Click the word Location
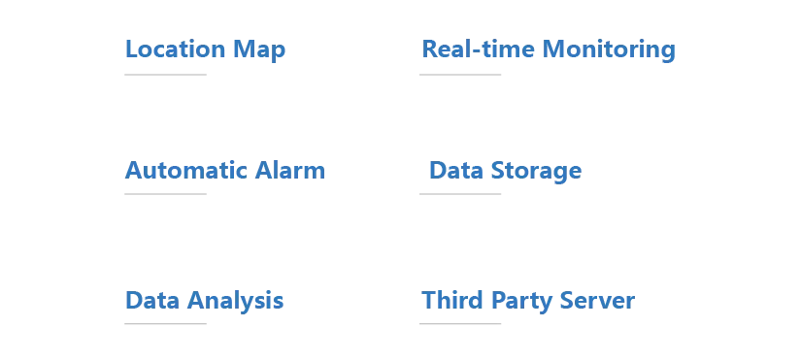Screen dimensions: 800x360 point(176,49)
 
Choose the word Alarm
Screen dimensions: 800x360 point(289,171)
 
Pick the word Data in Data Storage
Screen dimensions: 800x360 point(456,171)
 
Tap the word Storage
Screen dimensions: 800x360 point(536,172)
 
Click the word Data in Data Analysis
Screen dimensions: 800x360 point(152,300)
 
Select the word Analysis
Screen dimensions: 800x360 point(235,301)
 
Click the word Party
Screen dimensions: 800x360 point(521,301)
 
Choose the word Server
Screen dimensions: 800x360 point(597,300)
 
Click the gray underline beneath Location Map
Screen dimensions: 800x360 point(165,75)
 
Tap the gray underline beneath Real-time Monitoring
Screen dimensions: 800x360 point(460,75)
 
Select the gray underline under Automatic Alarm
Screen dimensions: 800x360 point(165,194)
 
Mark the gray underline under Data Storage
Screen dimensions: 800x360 point(460,194)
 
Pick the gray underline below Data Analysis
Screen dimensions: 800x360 point(165,323)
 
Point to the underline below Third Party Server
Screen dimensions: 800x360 point(460,323)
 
